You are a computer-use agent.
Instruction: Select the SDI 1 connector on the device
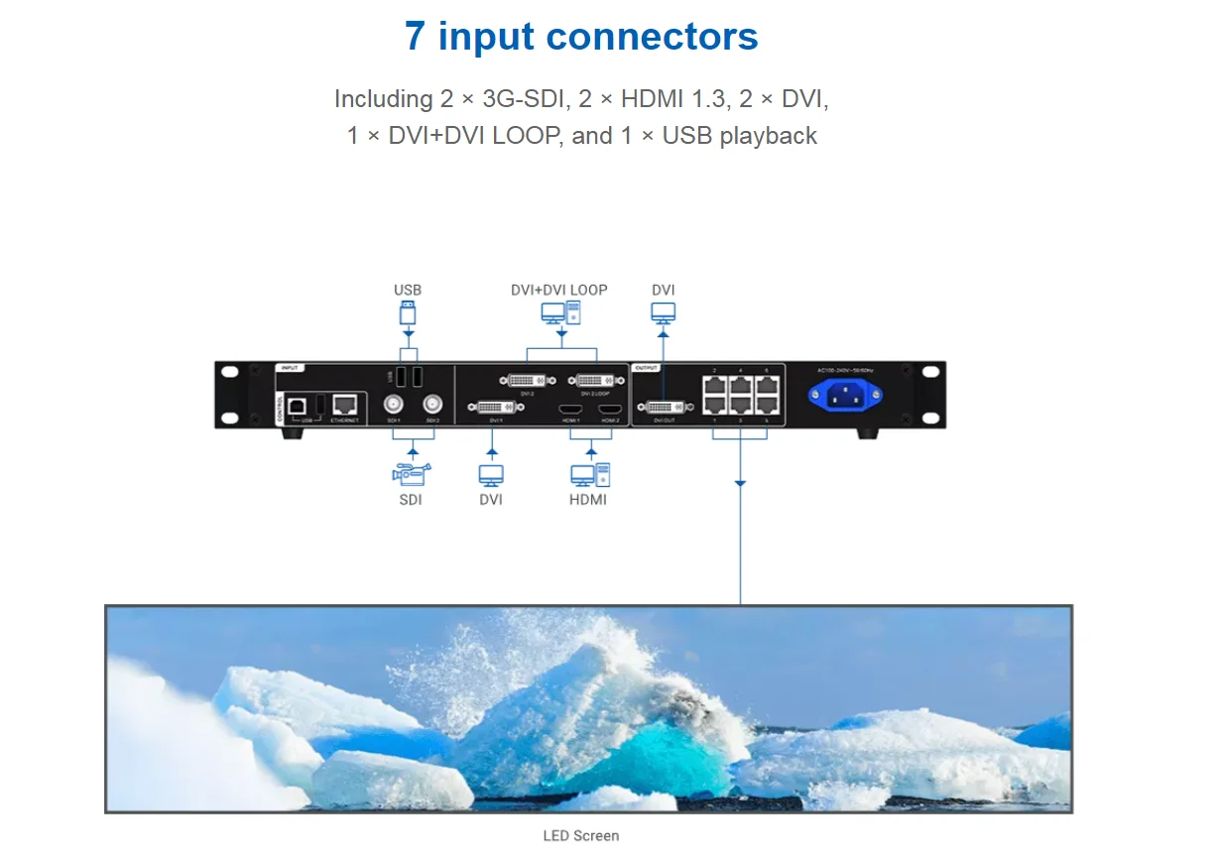click(x=394, y=404)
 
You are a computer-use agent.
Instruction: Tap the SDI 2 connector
click(x=432, y=404)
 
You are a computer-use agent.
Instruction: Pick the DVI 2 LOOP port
click(x=594, y=380)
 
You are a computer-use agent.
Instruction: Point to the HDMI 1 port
click(x=571, y=409)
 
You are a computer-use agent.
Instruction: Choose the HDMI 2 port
click(x=609, y=409)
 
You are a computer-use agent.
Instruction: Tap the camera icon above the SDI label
click(x=411, y=473)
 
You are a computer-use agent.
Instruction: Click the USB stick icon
click(x=407, y=313)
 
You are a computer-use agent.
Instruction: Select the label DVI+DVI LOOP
click(x=558, y=290)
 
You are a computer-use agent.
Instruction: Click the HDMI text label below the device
click(x=588, y=499)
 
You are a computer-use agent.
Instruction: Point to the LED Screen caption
click(x=581, y=835)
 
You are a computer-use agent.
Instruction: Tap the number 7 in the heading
click(x=416, y=37)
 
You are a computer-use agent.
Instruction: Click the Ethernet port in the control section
click(x=345, y=405)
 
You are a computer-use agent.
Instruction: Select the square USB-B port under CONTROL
click(x=296, y=406)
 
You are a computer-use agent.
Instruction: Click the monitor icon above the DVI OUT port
click(x=664, y=312)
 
